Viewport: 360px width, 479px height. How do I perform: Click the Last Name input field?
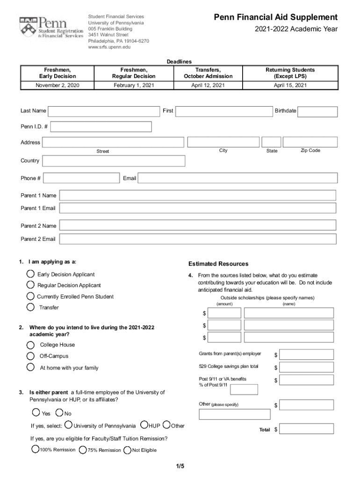pyautogui.click(x=104, y=111)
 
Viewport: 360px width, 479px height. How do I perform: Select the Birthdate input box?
pyautogui.click(x=317, y=112)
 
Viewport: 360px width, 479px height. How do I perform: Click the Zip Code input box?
pyautogui.click(x=310, y=142)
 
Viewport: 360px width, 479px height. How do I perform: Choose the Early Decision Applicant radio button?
pyautogui.click(x=30, y=274)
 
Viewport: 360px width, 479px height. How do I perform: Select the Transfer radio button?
pyautogui.click(x=30, y=307)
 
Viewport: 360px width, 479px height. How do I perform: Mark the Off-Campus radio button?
pyautogui.click(x=30, y=356)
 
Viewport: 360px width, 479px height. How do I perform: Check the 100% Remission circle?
pyautogui.click(x=35, y=449)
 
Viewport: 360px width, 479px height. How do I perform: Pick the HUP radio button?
pyautogui.click(x=144, y=425)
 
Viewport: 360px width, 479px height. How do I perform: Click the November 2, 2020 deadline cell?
pyautogui.click(x=58, y=85)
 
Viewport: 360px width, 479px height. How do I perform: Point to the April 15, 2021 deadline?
pyautogui.click(x=290, y=85)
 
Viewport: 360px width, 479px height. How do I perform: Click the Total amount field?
pyautogui.click(x=307, y=429)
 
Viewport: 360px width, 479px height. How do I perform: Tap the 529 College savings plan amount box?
pyautogui.click(x=307, y=367)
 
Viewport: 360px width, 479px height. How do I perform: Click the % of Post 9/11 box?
pyautogui.click(x=244, y=389)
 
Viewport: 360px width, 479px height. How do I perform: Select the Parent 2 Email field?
pyautogui.click(x=198, y=239)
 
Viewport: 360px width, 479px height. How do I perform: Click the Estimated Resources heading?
pyautogui.click(x=218, y=264)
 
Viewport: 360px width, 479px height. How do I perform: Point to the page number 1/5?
pyautogui.click(x=180, y=466)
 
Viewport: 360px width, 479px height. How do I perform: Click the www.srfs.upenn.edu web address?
pyautogui.click(x=109, y=47)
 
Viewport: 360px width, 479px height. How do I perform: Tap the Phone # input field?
pyautogui.click(x=81, y=178)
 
